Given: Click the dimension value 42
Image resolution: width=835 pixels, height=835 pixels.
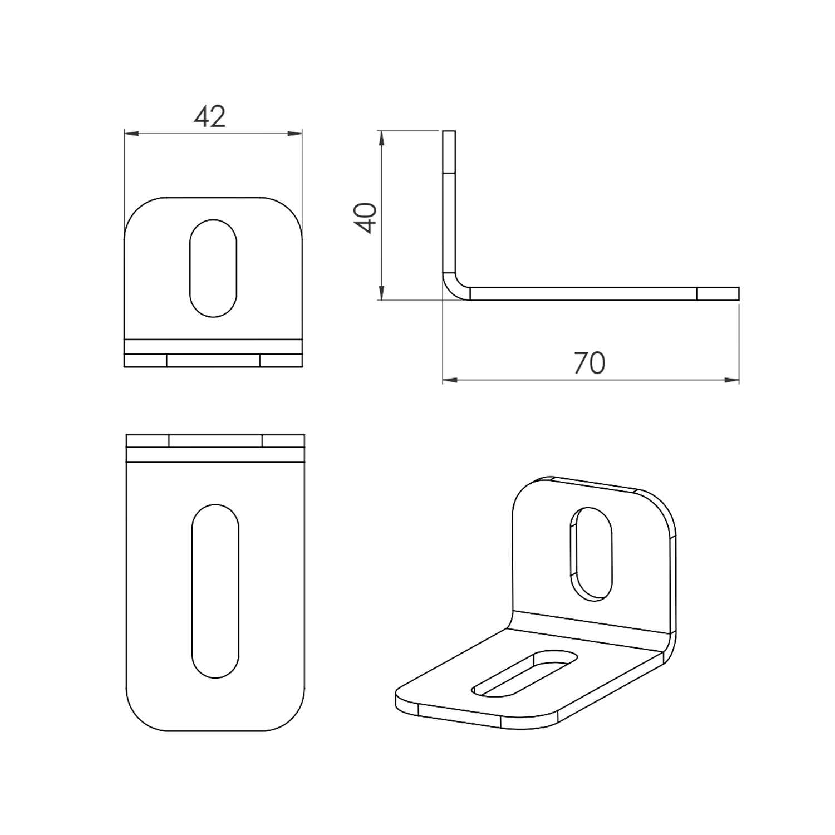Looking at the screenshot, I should coord(210,117).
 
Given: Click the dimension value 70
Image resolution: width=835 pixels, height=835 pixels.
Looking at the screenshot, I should coord(589,363).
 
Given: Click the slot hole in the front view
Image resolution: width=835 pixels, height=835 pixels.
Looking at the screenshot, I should coord(213,268).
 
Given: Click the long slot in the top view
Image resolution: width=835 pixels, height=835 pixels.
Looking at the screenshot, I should coord(215,591).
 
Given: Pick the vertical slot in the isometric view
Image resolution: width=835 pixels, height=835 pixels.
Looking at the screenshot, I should coord(591,553).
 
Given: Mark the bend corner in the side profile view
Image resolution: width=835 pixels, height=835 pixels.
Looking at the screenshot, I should coord(453,290).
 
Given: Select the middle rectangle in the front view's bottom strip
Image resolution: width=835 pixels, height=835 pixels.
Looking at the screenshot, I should coord(213,361).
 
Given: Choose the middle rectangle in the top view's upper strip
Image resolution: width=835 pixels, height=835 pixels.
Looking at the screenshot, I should coord(215,441).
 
